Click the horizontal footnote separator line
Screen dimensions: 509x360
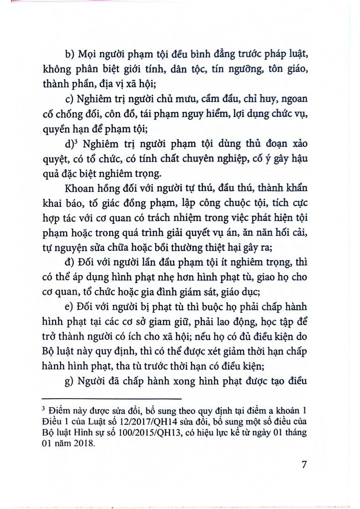pos(111,399)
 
